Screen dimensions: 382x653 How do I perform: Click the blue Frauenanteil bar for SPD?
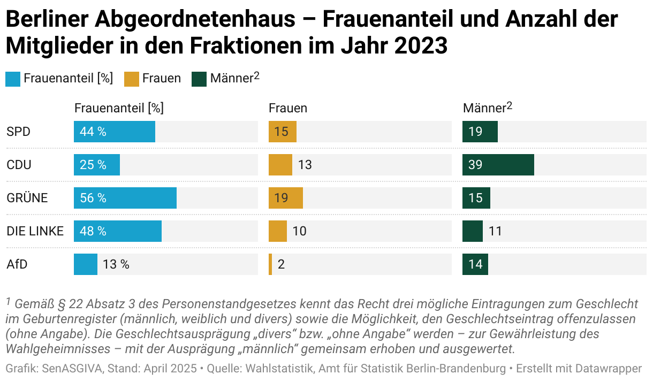tap(115, 132)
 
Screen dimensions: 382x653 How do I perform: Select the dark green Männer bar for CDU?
tap(498, 165)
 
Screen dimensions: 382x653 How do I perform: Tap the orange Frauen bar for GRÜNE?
tap(286, 198)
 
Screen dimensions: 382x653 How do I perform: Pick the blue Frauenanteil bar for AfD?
tap(86, 264)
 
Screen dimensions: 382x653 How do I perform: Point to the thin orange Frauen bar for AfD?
tap(270, 264)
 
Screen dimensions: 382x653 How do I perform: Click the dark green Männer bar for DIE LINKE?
tap(473, 231)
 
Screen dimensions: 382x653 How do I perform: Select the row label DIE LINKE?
tap(35, 231)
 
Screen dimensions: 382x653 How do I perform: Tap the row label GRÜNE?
tap(27, 198)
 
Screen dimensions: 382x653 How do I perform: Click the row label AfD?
tap(17, 264)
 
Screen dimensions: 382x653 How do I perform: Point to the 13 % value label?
tap(116, 264)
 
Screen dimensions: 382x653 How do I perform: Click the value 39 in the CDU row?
tap(475, 165)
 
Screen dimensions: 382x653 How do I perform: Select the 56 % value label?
tap(93, 198)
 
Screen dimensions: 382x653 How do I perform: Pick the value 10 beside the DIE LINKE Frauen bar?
tap(299, 231)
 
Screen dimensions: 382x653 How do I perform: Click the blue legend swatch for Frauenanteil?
tap(13, 79)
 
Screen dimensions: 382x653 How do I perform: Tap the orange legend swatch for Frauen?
tap(132, 79)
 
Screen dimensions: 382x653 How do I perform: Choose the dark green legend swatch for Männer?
tap(199, 79)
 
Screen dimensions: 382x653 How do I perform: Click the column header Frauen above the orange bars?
tap(288, 108)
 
